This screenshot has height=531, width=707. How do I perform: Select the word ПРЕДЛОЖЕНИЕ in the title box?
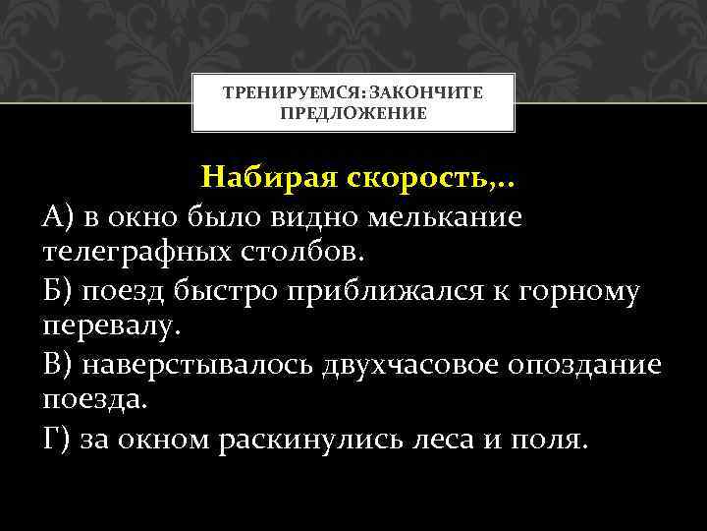(353, 113)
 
